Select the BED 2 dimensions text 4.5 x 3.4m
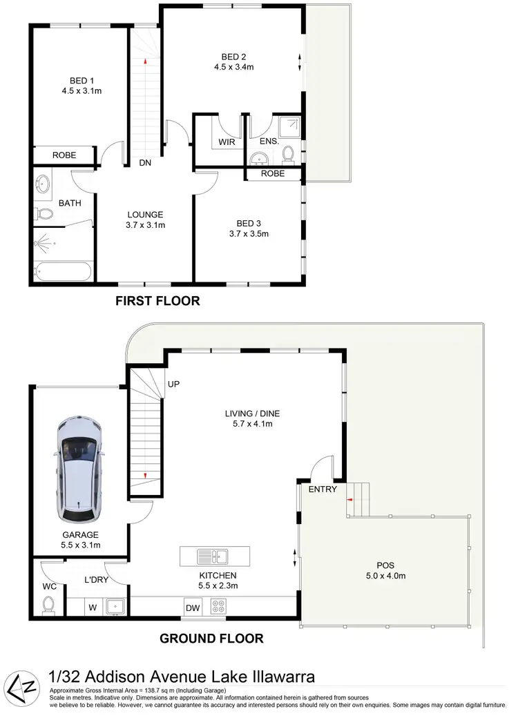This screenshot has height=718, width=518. [234, 67]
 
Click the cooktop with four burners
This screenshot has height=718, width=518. [220, 607]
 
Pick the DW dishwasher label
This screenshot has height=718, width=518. [193, 608]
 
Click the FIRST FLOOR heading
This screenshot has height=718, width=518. [157, 301]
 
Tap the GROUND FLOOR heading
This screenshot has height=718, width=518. [211, 639]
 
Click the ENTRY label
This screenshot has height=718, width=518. [323, 489]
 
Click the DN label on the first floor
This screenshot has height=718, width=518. [146, 164]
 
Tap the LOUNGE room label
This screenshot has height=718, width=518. [145, 215]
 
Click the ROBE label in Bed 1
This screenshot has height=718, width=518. [64, 155]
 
